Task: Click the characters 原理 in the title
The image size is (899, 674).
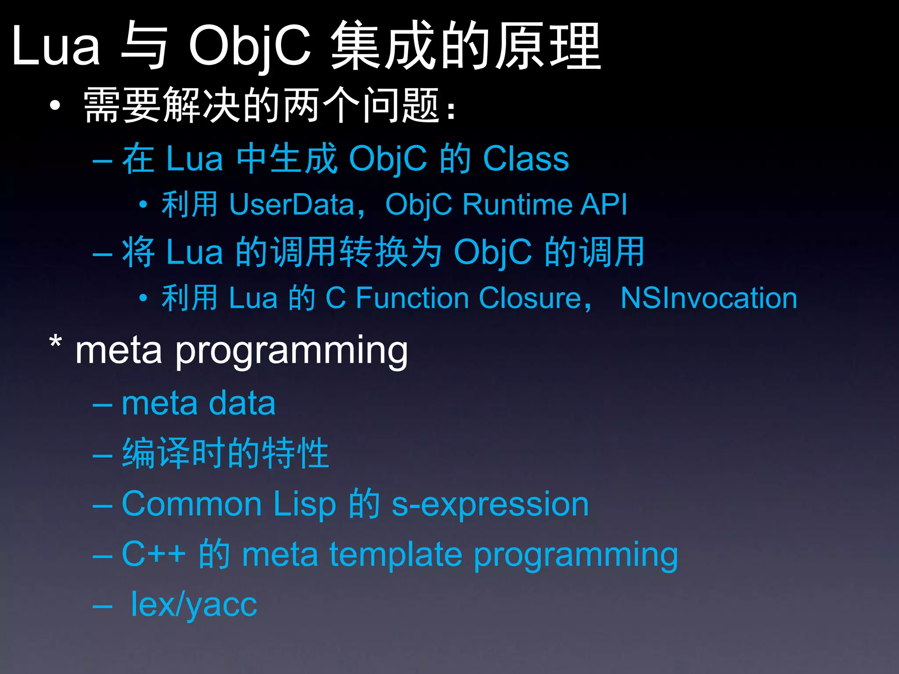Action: point(548,46)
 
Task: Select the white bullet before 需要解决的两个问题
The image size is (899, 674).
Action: point(55,105)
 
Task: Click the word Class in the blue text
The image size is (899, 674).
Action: point(525,158)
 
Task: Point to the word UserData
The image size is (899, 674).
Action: point(291,204)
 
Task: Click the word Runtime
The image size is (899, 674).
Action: point(517,204)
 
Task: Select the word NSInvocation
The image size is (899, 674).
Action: point(708,298)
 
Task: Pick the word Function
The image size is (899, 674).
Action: point(412,298)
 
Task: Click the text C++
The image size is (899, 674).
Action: point(153,554)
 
